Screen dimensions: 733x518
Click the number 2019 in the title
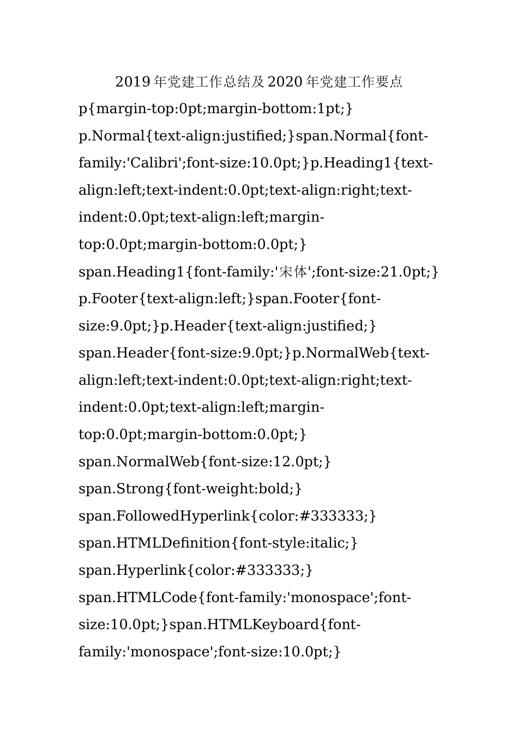click(x=133, y=82)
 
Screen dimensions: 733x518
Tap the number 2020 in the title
click(x=285, y=82)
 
